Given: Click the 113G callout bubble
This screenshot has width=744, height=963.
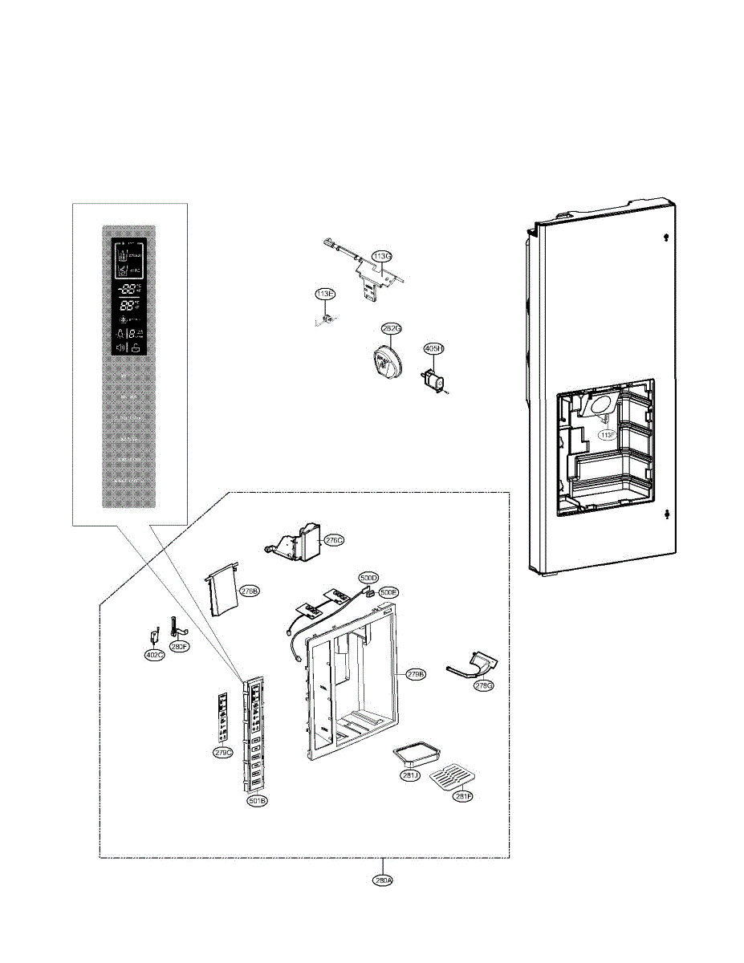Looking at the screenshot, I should (382, 256).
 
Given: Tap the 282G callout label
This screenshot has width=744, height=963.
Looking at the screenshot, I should (391, 329).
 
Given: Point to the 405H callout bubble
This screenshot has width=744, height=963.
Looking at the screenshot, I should (433, 348).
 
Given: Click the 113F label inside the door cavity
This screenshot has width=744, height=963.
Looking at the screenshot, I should (608, 435).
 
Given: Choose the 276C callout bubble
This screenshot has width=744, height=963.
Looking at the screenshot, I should (334, 541).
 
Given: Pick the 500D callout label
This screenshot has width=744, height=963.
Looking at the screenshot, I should (368, 578).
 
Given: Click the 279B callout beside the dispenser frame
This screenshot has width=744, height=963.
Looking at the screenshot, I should (415, 673).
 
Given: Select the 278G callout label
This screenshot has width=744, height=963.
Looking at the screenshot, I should (483, 685).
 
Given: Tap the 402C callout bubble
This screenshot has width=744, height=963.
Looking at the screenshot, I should (155, 655).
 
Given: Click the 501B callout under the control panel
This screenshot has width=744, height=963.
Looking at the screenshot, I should (258, 800).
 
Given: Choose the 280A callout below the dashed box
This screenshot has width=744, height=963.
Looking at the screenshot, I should (384, 880).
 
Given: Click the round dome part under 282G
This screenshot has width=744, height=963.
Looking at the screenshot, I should (383, 360).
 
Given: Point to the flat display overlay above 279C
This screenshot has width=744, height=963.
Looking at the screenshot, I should (224, 717).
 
